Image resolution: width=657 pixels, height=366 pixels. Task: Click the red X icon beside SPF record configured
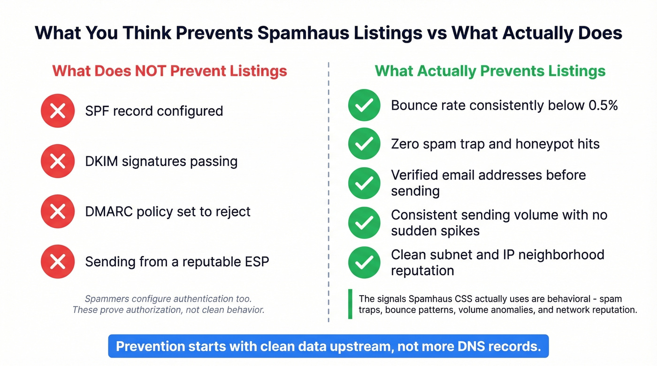pyautogui.click(x=58, y=111)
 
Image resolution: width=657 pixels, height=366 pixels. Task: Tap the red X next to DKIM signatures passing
pyautogui.click(x=58, y=161)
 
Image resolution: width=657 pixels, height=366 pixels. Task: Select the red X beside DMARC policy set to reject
pyautogui.click(x=58, y=211)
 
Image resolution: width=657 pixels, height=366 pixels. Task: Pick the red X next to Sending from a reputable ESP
pyautogui.click(x=58, y=261)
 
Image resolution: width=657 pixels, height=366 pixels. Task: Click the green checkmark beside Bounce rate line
pyautogui.click(x=364, y=105)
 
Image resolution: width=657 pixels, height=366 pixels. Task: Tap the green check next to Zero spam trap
pyautogui.click(x=364, y=143)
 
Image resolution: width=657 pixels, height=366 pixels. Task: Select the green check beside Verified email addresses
pyautogui.click(x=364, y=183)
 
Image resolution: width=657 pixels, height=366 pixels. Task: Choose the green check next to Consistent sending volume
pyautogui.click(x=364, y=223)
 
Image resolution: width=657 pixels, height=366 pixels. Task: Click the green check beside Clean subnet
pyautogui.click(x=364, y=262)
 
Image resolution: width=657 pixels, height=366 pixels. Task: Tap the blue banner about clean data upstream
pyautogui.click(x=328, y=346)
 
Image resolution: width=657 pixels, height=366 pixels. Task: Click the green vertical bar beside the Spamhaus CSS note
pyautogui.click(x=350, y=304)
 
